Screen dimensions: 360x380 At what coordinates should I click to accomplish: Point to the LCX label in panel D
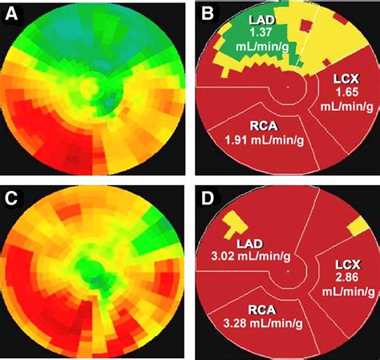347,264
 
